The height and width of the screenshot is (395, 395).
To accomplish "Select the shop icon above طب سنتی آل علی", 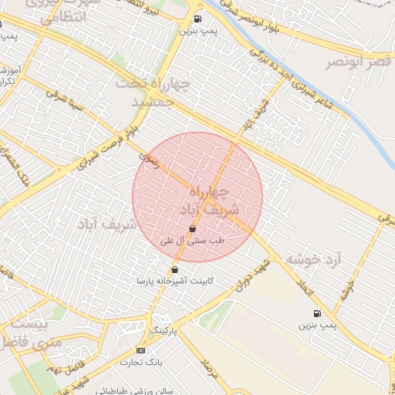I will [192, 228].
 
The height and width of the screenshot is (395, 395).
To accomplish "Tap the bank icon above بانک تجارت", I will [140, 350].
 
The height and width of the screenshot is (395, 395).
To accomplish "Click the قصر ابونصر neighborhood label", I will [358, 61].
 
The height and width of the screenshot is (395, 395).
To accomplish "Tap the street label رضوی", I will [147, 160].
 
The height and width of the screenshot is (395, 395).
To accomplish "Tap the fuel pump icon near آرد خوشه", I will [316, 312].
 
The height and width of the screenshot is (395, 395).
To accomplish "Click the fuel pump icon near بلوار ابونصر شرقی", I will [199, 19].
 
